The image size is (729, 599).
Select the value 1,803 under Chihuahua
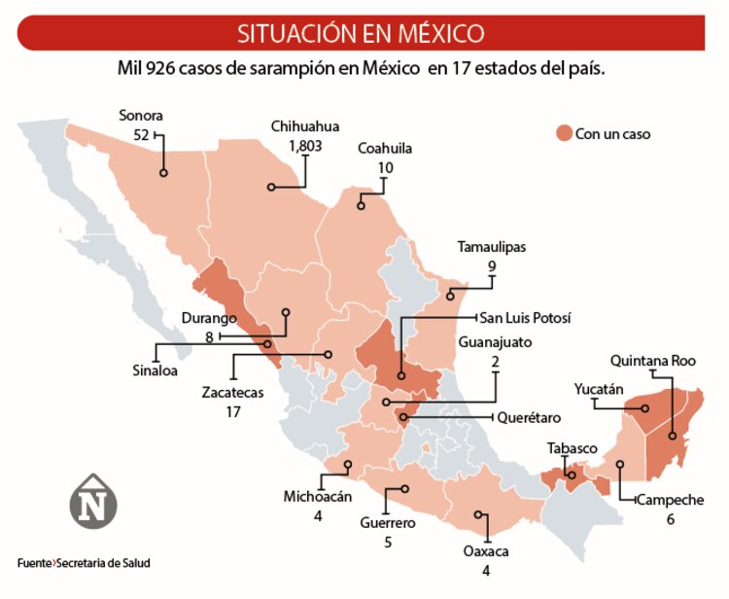(305, 145)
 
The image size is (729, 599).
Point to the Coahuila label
(385, 149)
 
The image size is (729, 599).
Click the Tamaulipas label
(492, 247)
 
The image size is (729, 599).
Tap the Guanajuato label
(496, 341)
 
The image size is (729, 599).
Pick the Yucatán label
(598, 389)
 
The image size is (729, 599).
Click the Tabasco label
(571, 448)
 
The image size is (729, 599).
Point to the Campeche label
(671, 500)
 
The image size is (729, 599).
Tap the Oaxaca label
(486, 551)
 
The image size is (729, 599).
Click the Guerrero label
(388, 523)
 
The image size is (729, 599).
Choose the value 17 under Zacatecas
(233, 411)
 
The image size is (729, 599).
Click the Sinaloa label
(156, 370)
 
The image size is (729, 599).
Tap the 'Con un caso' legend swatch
(563, 133)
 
